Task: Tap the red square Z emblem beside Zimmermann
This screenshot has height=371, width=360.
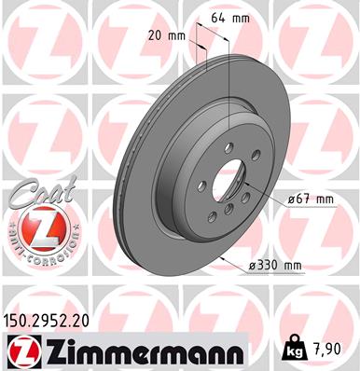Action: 20,350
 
